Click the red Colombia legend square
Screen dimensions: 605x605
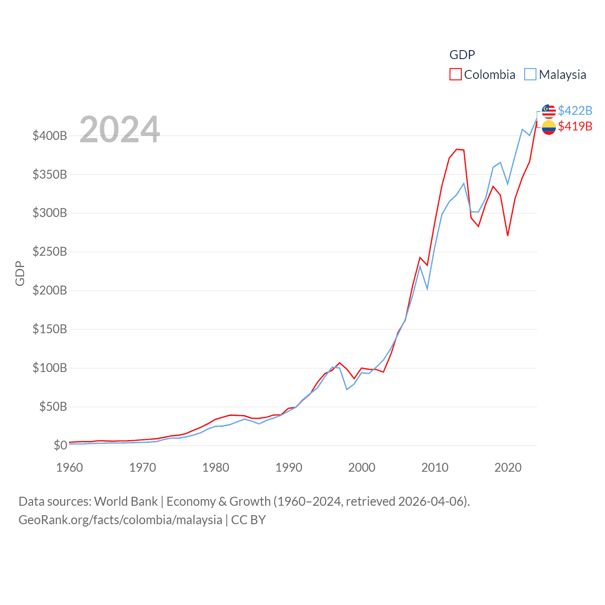click(x=455, y=74)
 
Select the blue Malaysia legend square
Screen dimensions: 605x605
click(x=530, y=74)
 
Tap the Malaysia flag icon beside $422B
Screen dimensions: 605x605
click(x=548, y=111)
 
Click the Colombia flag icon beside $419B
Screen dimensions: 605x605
click(x=548, y=127)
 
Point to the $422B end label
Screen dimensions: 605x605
click(x=575, y=111)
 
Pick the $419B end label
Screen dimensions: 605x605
click(x=575, y=126)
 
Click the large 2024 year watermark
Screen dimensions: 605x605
click(x=120, y=129)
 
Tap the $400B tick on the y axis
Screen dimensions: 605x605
click(x=50, y=136)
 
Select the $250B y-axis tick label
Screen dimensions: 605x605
click(x=50, y=251)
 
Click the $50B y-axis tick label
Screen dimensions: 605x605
click(x=53, y=406)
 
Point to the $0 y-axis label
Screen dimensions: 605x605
click(x=60, y=445)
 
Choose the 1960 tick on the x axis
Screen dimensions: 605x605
click(x=69, y=467)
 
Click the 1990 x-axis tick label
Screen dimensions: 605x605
click(x=289, y=467)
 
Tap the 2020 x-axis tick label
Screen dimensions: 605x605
click(x=508, y=467)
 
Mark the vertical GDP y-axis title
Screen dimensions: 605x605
click(x=20, y=273)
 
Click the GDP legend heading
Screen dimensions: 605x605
click(x=462, y=55)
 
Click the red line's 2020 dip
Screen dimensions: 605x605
click(x=508, y=235)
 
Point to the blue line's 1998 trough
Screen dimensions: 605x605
click(x=347, y=389)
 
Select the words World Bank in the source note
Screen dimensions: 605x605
click(x=126, y=501)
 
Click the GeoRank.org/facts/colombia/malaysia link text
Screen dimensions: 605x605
click(x=120, y=520)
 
